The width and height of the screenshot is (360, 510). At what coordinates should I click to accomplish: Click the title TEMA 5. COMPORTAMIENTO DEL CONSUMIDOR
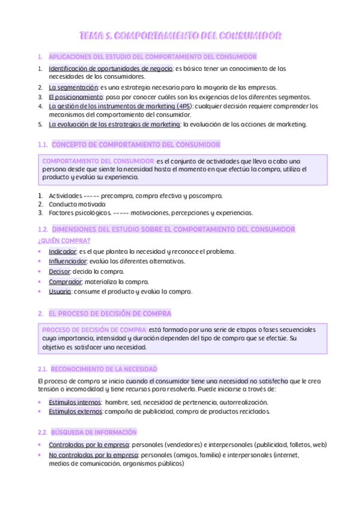tap(180, 37)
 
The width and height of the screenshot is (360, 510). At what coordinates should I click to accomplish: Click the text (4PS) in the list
tap(172, 106)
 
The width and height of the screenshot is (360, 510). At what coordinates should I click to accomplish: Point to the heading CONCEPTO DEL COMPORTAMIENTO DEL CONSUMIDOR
tap(136, 145)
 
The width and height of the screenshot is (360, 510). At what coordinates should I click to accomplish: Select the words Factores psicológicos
tap(79, 212)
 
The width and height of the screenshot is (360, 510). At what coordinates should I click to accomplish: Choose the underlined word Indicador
tap(63, 251)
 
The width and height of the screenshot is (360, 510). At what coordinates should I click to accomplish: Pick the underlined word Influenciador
tap(68, 261)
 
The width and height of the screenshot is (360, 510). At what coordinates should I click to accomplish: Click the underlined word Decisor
tap(59, 272)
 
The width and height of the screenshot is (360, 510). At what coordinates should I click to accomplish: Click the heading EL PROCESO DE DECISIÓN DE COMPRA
tap(109, 313)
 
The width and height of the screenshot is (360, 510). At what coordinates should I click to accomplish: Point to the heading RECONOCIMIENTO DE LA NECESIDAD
tap(104, 369)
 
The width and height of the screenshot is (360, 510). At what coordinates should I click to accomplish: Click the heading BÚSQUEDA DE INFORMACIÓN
tap(94, 432)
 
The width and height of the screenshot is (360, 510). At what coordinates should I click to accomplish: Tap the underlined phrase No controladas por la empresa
tap(93, 455)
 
